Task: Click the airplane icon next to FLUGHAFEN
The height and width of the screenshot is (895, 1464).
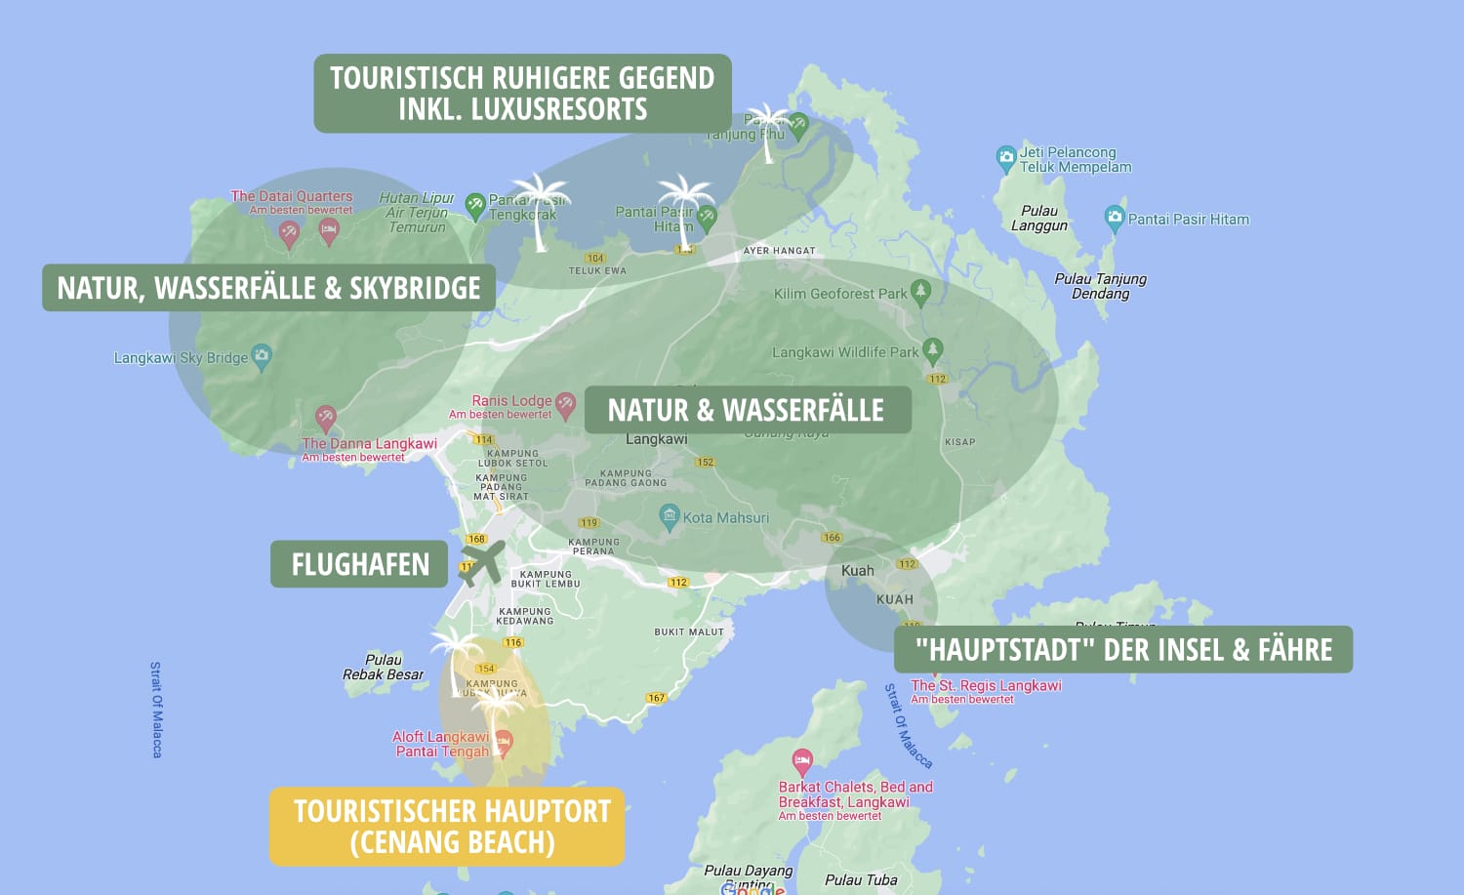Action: click(x=482, y=563)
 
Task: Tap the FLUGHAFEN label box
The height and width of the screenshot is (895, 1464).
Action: click(x=359, y=564)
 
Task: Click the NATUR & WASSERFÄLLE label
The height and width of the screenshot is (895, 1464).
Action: click(x=747, y=410)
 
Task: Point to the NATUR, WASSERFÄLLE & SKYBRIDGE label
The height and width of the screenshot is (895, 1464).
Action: click(x=268, y=288)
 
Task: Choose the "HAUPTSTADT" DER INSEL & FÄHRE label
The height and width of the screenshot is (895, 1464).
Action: click(x=1123, y=650)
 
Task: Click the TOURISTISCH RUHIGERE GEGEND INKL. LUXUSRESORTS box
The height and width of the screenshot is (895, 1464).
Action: click(x=522, y=94)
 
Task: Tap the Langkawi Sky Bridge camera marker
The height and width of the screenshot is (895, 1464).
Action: click(x=262, y=355)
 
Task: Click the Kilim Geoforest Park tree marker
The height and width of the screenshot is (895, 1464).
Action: click(x=920, y=291)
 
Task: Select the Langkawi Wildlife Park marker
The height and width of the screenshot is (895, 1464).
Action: click(x=933, y=349)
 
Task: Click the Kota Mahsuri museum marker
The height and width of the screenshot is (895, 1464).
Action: click(x=670, y=516)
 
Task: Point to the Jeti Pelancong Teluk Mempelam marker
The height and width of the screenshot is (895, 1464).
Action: click(x=1005, y=157)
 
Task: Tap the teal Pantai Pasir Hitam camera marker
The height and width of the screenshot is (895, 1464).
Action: click(x=1114, y=218)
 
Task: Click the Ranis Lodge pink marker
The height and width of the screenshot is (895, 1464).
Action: click(x=565, y=403)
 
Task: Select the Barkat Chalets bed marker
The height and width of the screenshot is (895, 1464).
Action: click(x=802, y=759)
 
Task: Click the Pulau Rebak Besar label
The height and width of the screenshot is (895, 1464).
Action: click(x=383, y=667)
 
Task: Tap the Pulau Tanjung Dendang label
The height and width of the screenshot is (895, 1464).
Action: click(x=1100, y=286)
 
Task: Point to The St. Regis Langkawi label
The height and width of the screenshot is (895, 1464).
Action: click(x=986, y=685)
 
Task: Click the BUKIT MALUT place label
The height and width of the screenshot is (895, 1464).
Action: click(x=689, y=631)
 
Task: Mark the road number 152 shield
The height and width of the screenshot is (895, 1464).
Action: click(x=706, y=462)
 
